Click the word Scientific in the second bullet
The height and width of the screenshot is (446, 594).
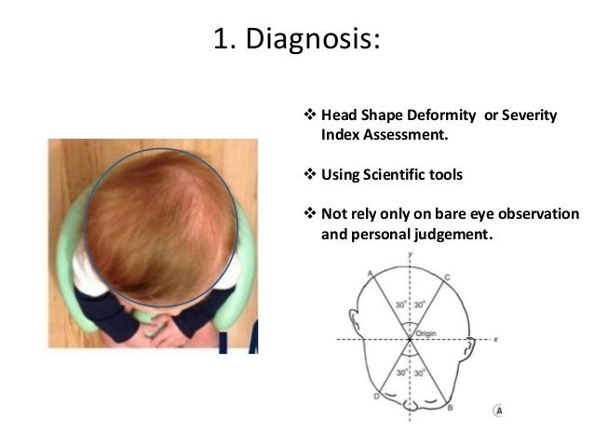(x=408, y=174)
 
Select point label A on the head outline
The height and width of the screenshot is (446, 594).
(x=371, y=272)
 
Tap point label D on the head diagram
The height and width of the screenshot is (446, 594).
(x=375, y=397)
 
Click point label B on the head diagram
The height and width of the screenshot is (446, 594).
(x=451, y=407)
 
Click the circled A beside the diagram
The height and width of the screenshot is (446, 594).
(x=498, y=409)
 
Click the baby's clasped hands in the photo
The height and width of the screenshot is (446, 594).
(x=168, y=326)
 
